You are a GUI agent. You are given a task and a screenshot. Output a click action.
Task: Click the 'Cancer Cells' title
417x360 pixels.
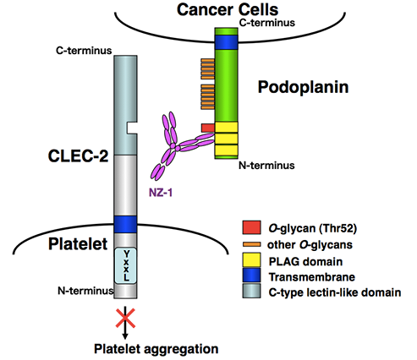[228, 9]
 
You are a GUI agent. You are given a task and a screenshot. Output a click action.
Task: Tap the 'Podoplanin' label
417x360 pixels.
[303, 87]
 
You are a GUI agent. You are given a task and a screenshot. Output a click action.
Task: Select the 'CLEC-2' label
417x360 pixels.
[78, 155]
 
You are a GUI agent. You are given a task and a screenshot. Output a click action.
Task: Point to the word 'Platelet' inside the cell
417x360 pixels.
[78, 243]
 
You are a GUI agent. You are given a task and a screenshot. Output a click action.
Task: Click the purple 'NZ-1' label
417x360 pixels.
[161, 193]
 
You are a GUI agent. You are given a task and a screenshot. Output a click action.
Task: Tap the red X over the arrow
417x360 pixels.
[125, 318]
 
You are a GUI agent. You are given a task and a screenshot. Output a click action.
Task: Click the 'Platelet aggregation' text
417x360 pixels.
[156, 349]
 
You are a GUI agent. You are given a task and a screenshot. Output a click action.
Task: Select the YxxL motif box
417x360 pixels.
[125, 265]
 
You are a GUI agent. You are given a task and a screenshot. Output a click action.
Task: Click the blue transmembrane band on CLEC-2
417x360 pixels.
[125, 224]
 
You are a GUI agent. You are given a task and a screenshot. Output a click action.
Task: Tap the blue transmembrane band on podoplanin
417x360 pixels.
[226, 42]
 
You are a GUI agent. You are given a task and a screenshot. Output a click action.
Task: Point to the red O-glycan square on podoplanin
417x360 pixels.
[208, 128]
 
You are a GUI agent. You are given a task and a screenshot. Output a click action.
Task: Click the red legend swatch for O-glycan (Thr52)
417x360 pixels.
[251, 227]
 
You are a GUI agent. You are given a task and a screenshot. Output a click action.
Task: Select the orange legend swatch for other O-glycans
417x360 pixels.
[251, 244]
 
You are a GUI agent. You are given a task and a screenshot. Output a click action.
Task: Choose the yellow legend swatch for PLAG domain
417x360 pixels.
[251, 259]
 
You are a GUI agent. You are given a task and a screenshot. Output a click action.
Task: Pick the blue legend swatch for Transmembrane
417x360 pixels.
[251, 275]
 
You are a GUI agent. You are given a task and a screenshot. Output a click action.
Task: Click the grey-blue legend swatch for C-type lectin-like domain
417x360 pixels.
[251, 291]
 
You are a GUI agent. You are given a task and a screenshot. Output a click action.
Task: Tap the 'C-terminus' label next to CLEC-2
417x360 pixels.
[84, 51]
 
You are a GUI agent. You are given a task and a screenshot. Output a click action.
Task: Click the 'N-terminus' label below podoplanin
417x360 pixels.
[266, 166]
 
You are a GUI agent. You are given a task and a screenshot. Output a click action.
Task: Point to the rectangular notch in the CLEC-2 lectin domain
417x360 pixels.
[132, 128]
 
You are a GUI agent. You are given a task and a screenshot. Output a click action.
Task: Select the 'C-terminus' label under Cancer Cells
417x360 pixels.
[267, 23]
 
